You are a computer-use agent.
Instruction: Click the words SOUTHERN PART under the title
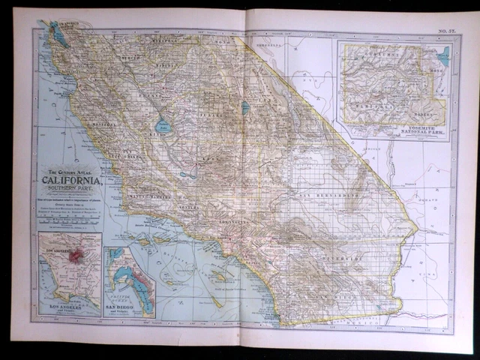point(75,190)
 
